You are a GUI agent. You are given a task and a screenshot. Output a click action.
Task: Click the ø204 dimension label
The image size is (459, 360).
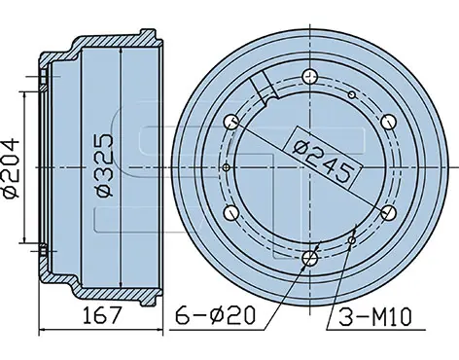[11, 167]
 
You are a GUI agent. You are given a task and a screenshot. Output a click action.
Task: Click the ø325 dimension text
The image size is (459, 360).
[105, 165]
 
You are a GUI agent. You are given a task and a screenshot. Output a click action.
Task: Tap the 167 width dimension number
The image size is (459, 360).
[102, 315]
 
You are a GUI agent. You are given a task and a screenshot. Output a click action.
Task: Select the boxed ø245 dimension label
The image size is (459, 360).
[323, 158]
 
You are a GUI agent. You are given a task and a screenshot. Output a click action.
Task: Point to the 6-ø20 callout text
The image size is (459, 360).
[216, 315]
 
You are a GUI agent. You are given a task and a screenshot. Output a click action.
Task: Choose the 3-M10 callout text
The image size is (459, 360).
[375, 317]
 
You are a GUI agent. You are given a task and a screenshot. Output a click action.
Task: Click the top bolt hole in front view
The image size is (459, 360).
[310, 77]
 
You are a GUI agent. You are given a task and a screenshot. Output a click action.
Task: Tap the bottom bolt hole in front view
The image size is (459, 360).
[310, 258]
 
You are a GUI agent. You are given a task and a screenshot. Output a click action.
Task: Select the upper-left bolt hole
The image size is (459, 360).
[232, 122]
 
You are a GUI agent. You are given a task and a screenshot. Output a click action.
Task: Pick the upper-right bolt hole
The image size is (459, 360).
[388, 122]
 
